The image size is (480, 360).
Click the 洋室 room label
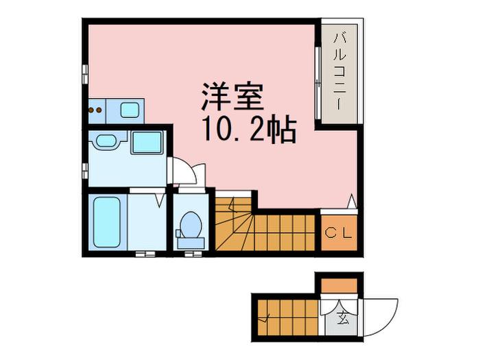232,97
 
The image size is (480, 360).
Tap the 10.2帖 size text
248,130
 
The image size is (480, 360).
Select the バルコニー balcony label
340,71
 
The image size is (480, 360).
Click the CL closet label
339,233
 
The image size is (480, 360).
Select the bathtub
106,222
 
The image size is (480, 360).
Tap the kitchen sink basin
130,110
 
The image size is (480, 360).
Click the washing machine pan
146,142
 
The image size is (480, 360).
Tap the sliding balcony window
318,83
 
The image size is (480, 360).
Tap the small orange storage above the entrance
339,286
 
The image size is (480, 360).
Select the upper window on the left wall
85,74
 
